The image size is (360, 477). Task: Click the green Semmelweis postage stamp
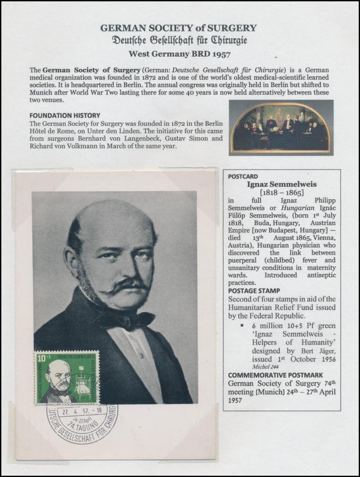point(67,377)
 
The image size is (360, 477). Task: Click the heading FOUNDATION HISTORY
point(65,116)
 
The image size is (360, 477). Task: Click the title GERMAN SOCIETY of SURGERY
point(179,28)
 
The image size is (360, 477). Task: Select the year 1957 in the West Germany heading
point(220,55)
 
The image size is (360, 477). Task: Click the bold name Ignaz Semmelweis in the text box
point(282,184)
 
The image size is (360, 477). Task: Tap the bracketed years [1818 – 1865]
point(282,193)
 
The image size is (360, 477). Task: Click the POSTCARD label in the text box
point(243,176)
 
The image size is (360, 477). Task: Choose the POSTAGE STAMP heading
point(254,291)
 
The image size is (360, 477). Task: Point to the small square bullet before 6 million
point(242,325)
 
